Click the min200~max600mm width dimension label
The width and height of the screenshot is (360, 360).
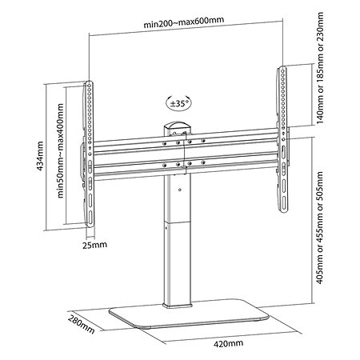(184, 22)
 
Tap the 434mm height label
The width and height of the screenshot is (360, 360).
(40, 156)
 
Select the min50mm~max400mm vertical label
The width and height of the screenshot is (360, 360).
(61, 150)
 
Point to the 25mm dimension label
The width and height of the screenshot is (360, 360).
(94, 245)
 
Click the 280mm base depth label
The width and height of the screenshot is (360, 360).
(81, 324)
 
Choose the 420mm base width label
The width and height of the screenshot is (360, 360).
(228, 343)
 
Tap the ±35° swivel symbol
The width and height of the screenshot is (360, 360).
(179, 103)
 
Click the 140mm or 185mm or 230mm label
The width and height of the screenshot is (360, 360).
(320, 68)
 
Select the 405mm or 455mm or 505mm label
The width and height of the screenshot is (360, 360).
(319, 227)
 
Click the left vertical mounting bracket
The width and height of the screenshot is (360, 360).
(90, 154)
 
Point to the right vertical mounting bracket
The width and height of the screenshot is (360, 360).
(282, 139)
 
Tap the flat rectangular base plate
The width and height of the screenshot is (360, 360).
(189, 314)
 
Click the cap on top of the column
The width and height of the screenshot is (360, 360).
(177, 126)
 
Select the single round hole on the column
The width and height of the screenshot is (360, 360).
(180, 190)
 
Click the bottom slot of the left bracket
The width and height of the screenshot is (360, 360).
(90, 218)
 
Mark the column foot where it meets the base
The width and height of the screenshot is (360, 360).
(177, 306)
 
